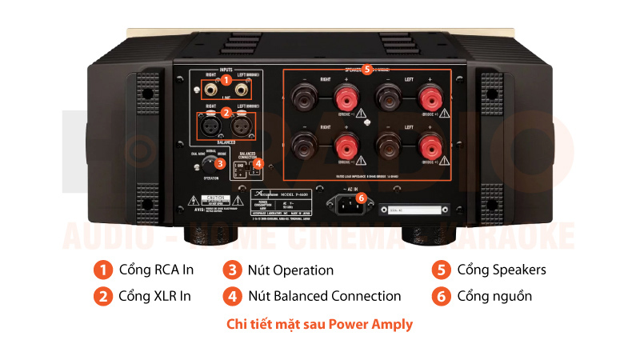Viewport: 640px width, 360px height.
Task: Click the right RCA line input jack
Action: pyautogui.click(x=212, y=89)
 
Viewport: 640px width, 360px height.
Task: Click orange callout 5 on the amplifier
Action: pyautogui.click(x=366, y=70)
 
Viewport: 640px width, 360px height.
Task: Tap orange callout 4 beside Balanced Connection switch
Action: pyautogui.click(x=258, y=163)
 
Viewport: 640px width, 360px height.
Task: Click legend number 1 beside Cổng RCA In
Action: pyautogui.click(x=102, y=270)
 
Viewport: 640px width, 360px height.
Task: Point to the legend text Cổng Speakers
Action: pyautogui.click(x=502, y=270)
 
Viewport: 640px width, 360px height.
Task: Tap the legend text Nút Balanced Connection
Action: pyautogui.click(x=325, y=296)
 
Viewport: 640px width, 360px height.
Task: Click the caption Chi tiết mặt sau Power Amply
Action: pyautogui.click(x=320, y=324)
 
